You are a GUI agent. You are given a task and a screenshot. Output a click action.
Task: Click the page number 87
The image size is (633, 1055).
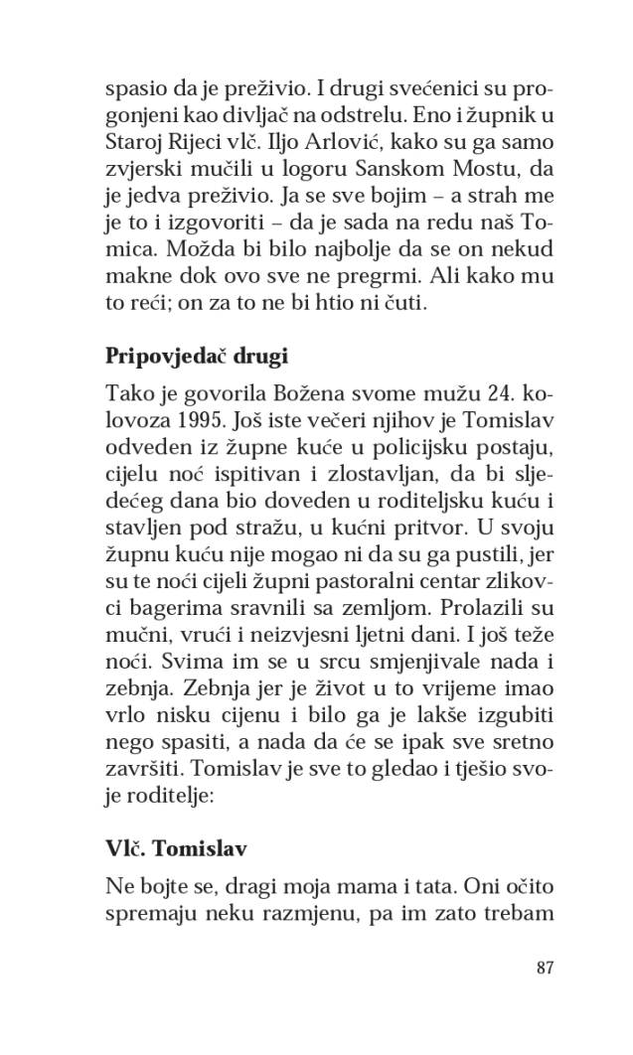544,969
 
